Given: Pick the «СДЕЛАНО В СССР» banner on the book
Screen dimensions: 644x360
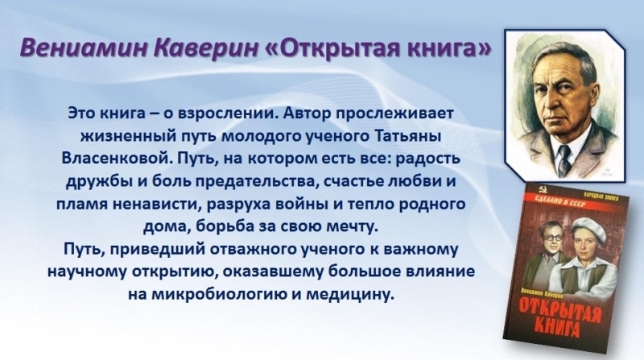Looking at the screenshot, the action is coord(555,201).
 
